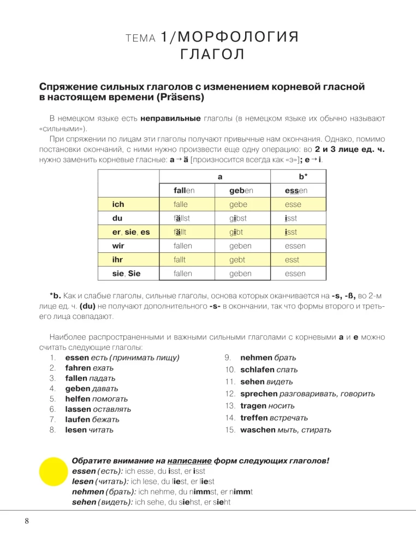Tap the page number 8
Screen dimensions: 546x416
point(26,520)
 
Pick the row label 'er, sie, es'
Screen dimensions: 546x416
point(130,232)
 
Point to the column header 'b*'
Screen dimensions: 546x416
point(304,177)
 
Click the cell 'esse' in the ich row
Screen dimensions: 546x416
point(293,205)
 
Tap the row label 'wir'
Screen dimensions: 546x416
point(118,246)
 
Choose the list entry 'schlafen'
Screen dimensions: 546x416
point(257,370)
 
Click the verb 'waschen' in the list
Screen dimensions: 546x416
point(258,430)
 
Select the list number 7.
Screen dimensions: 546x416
point(52,419)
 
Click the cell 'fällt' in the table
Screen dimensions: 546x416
point(176,232)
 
